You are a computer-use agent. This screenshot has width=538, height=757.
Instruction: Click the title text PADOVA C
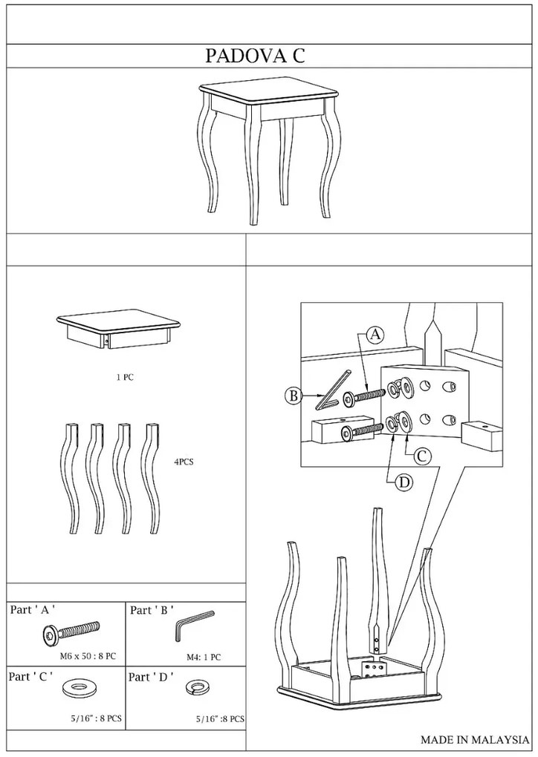point(255,56)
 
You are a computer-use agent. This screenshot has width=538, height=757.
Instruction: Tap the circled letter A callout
point(375,335)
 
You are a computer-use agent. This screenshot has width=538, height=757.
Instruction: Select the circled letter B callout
point(293,396)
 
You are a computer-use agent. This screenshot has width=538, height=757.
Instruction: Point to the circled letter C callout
point(421,455)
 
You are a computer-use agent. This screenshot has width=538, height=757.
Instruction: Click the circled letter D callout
point(404,482)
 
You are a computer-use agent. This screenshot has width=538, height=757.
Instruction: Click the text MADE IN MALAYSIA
point(475,739)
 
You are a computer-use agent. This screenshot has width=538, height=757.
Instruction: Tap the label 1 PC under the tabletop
point(125,378)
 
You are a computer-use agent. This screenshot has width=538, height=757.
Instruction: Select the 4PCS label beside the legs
point(184,462)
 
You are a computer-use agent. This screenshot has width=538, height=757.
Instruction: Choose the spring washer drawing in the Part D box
point(195,687)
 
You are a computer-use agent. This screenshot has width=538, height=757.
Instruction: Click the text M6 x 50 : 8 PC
point(88,657)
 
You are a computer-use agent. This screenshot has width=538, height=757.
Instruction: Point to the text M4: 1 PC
point(204,657)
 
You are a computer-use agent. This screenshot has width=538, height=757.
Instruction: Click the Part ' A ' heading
point(33,610)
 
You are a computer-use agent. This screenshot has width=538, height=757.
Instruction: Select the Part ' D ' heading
point(151,677)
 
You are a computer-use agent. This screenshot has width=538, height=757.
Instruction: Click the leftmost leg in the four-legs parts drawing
point(71,478)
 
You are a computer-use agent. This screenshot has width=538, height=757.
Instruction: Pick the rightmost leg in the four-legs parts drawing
point(152,478)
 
